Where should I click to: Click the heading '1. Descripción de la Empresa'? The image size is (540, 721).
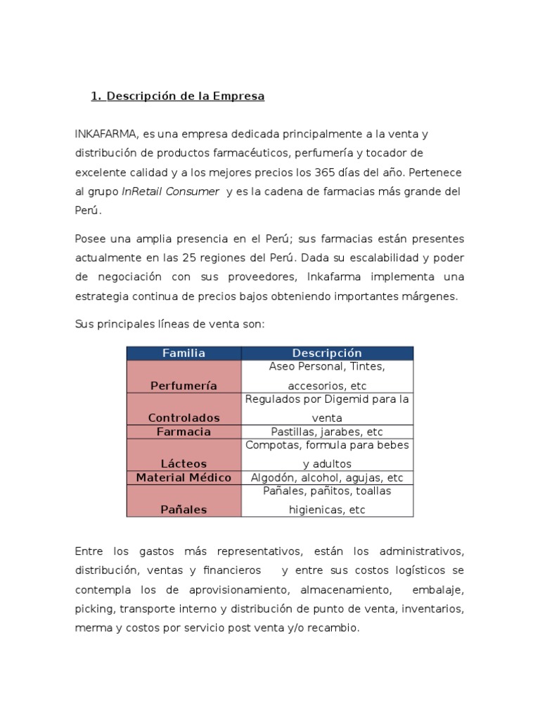point(177,96)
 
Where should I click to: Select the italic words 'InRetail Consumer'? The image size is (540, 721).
point(170,191)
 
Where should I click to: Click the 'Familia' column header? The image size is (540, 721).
point(184,353)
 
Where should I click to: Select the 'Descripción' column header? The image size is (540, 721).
point(327,353)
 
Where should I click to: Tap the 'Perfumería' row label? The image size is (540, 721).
point(184,385)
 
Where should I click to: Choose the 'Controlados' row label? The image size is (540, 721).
point(184,418)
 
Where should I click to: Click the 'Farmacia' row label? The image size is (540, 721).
point(184,432)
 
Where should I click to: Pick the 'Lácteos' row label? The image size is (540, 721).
point(184,463)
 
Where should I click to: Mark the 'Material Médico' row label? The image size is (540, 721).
point(184,477)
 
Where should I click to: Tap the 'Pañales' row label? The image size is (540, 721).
point(184,509)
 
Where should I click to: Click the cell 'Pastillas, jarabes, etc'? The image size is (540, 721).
point(327,432)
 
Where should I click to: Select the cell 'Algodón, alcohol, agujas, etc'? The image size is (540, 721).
point(327,477)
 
